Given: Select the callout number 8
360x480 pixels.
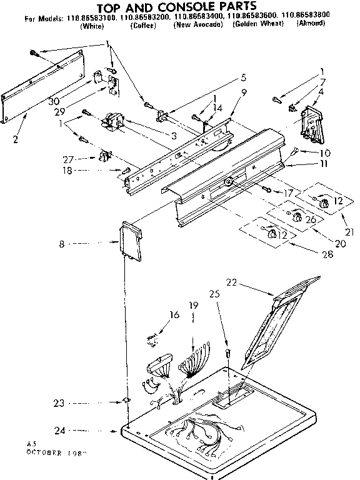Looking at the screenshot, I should pos(62,244).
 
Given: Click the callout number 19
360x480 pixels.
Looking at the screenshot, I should pos(193,306).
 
